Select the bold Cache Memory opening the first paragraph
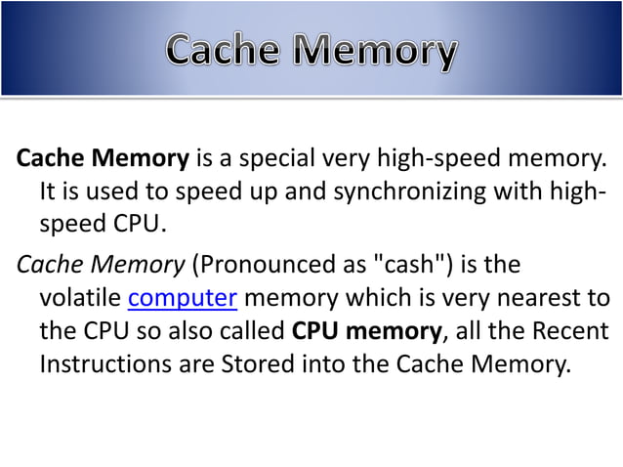(x=103, y=156)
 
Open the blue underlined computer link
(x=184, y=296)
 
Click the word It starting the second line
(x=49, y=191)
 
